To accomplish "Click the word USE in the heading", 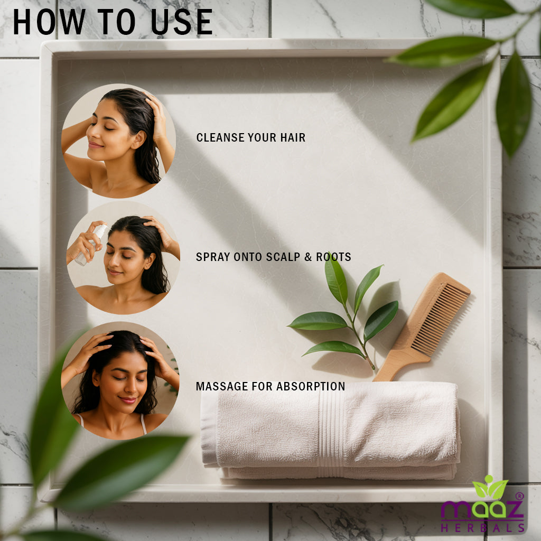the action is pyautogui.click(x=182, y=22).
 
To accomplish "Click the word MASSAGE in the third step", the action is pyautogui.click(x=222, y=386).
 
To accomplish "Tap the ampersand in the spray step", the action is pyautogui.click(x=308, y=257).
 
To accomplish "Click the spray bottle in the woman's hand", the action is pyautogui.click(x=91, y=245).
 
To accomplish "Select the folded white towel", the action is pyautogui.click(x=331, y=431).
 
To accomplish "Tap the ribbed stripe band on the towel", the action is pyautogui.click(x=331, y=431).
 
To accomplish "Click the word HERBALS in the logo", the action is pyautogui.click(x=482, y=528).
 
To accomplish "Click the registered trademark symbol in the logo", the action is pyautogui.click(x=520, y=496).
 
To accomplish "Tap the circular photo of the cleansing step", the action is pyautogui.click(x=119, y=141).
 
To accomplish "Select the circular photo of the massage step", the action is pyautogui.click(x=120, y=380).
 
